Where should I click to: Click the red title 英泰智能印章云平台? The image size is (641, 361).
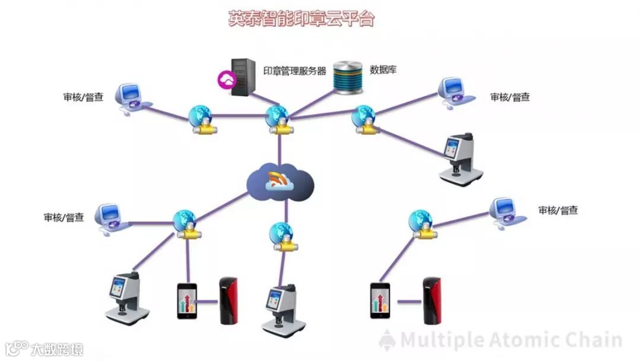[x=302, y=18]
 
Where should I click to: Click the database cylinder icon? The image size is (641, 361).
[x=348, y=77]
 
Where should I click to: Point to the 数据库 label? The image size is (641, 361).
[x=383, y=69]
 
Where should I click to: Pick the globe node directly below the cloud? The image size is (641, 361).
[x=279, y=233]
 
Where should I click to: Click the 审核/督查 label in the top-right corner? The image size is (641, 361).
[x=510, y=97]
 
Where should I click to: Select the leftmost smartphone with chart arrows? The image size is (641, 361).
[x=187, y=301]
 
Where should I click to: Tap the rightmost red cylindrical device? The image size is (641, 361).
[x=431, y=300]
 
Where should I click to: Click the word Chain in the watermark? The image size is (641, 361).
[x=594, y=340]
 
